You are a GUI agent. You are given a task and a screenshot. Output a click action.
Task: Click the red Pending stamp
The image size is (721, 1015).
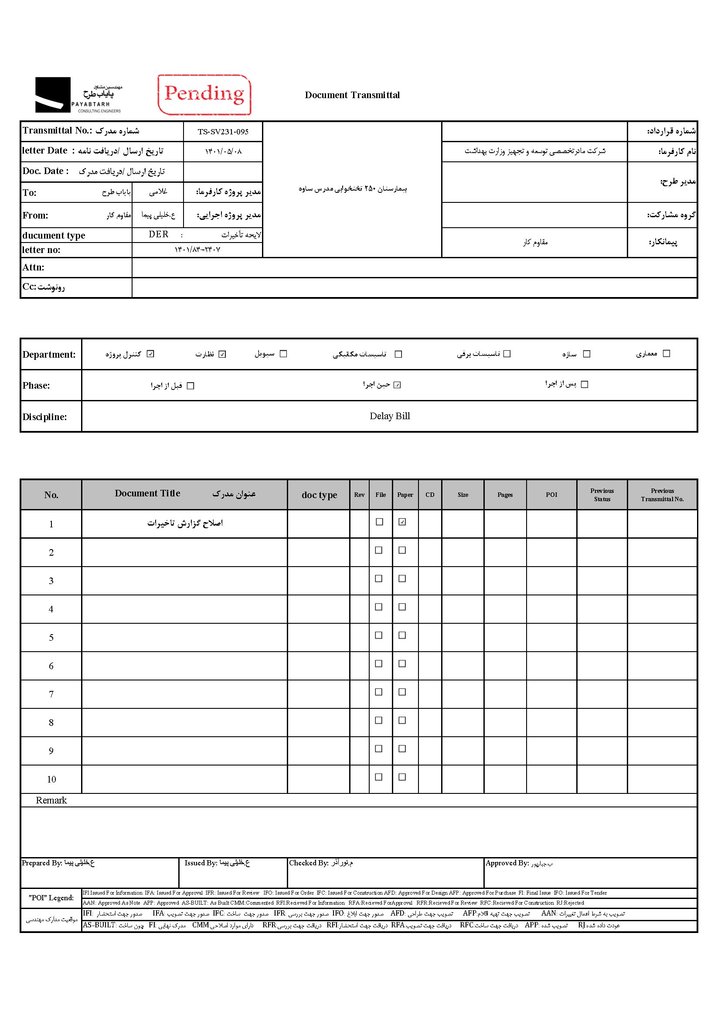204,95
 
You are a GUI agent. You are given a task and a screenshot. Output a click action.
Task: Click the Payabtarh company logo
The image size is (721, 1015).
78,95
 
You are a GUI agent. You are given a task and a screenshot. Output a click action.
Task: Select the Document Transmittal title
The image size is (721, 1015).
352,95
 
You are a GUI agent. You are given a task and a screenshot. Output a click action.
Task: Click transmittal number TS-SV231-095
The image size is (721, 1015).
223,132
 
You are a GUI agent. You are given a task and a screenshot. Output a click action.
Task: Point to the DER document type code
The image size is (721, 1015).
159,235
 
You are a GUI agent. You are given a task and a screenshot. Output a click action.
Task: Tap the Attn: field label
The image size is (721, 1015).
33,267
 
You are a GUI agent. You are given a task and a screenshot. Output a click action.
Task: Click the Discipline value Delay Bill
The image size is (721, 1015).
390,416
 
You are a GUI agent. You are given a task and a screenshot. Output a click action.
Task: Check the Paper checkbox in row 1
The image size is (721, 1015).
402,522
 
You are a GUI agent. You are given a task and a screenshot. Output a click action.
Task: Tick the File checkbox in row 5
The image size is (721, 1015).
379,635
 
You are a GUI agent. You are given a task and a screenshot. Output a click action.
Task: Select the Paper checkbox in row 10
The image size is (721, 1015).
402,777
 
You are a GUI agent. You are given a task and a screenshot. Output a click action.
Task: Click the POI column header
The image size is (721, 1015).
551,495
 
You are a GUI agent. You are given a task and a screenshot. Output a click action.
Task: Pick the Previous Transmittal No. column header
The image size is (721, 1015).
662,495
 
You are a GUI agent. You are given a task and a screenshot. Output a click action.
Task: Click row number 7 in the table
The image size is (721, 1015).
51,694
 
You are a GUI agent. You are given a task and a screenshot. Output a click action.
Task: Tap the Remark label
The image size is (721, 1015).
51,800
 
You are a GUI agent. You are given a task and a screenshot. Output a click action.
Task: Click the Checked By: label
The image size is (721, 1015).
309,863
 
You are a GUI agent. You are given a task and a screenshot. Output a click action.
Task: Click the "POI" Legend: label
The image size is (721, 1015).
51,898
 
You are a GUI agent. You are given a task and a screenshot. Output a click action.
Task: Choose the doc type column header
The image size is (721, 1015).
319,495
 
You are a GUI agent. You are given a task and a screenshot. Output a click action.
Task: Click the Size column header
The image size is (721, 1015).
463,495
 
